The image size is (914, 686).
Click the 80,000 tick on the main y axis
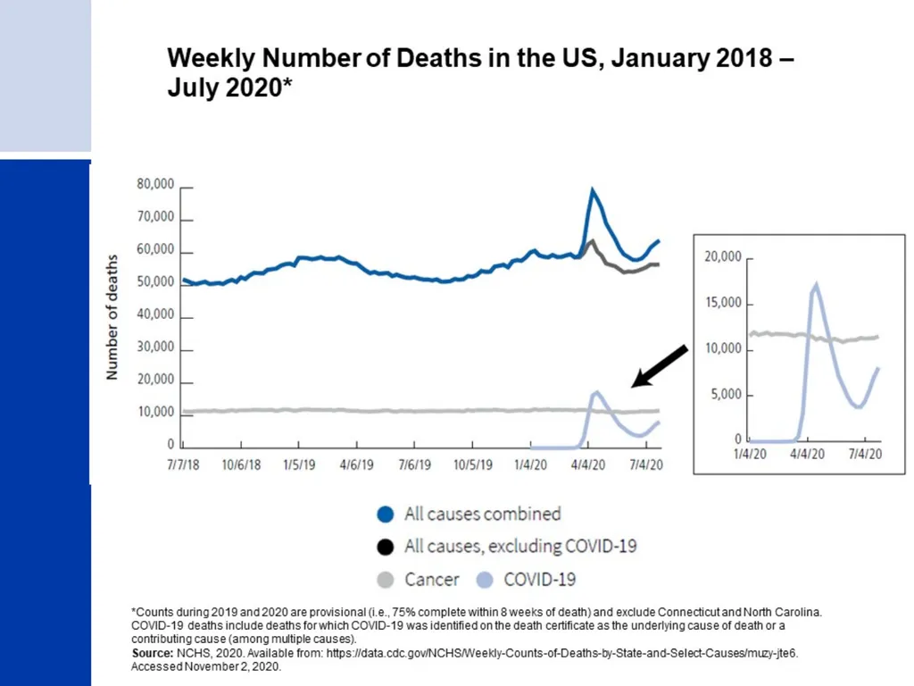click(x=155, y=184)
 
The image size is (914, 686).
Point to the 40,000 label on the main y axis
click(x=155, y=314)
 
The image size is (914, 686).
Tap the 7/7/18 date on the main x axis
click(x=183, y=464)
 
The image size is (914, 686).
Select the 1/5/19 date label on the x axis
click(x=299, y=464)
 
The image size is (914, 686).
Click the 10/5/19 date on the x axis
click(x=473, y=464)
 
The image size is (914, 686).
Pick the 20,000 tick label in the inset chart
click(x=723, y=256)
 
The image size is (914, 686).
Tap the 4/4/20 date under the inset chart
click(x=807, y=454)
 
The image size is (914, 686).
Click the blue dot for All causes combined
click(x=386, y=514)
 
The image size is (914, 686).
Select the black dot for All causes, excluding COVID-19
click(x=386, y=547)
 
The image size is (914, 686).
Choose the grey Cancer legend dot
click(x=386, y=580)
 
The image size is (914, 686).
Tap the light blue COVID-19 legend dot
click(x=485, y=580)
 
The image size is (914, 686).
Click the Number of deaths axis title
click(x=112, y=317)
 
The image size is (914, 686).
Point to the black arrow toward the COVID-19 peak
click(x=660, y=366)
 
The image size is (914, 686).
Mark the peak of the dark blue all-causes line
click(x=593, y=189)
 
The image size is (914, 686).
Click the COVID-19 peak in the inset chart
click(x=816, y=285)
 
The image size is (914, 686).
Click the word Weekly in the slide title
click(x=211, y=59)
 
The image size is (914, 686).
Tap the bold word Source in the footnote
click(x=152, y=653)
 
